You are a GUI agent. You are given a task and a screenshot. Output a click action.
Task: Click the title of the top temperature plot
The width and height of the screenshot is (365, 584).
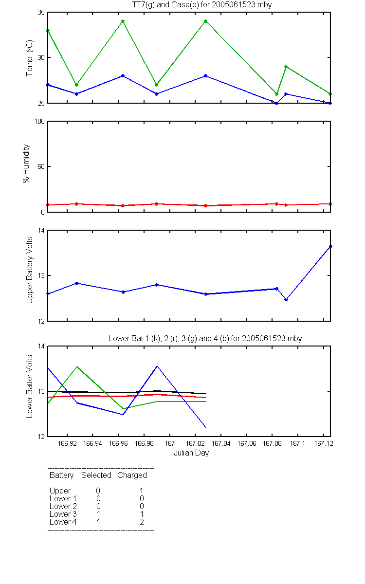[202, 5]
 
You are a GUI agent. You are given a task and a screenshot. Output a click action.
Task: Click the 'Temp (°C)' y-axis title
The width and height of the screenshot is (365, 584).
[30, 58]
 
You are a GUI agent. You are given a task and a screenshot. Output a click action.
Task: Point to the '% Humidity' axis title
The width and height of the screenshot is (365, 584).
[26, 164]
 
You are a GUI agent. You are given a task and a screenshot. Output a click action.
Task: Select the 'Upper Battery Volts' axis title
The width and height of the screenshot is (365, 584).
[30, 271]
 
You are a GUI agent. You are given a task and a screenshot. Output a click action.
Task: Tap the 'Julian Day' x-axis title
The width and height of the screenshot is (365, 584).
[191, 453]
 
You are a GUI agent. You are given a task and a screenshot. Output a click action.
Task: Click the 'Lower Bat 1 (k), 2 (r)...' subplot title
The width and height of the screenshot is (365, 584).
[205, 338]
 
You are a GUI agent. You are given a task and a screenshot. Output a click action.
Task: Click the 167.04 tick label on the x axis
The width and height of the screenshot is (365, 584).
[221, 443]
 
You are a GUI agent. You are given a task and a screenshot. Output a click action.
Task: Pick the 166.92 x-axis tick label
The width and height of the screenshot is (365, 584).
[67, 443]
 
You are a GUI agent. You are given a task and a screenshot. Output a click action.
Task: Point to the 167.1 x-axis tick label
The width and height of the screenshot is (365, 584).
[297, 443]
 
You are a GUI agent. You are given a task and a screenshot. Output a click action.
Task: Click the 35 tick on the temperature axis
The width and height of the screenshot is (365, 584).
[41, 13]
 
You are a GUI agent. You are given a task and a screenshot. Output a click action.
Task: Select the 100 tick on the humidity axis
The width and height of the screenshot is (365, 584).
[39, 122]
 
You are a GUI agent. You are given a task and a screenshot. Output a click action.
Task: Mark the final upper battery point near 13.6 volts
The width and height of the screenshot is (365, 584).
[330, 246]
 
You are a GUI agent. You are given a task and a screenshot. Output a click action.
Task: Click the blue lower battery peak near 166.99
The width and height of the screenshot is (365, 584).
[157, 366]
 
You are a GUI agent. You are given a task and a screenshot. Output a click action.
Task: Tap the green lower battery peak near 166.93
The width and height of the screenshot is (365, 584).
[77, 366]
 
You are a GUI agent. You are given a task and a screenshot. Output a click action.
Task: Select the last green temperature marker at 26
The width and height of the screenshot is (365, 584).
[330, 94]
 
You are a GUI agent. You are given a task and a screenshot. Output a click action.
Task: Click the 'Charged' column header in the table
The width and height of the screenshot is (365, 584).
[132, 475]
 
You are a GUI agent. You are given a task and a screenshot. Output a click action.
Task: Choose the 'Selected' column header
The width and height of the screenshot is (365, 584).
[96, 475]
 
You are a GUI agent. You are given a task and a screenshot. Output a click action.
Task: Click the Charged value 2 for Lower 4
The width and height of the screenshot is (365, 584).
[142, 522]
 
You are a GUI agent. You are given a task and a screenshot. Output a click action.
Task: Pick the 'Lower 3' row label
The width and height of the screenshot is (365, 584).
[63, 514]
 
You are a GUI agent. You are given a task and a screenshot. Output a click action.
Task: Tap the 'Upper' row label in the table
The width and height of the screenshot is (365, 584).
[60, 491]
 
